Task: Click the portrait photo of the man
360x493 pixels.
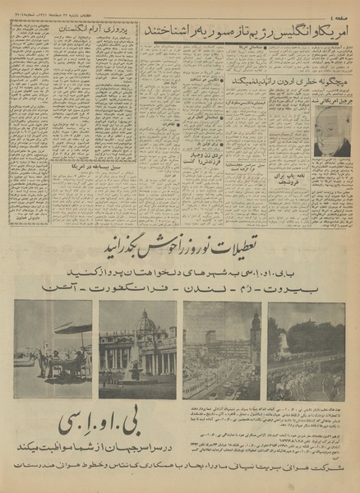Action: pos(333,132)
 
